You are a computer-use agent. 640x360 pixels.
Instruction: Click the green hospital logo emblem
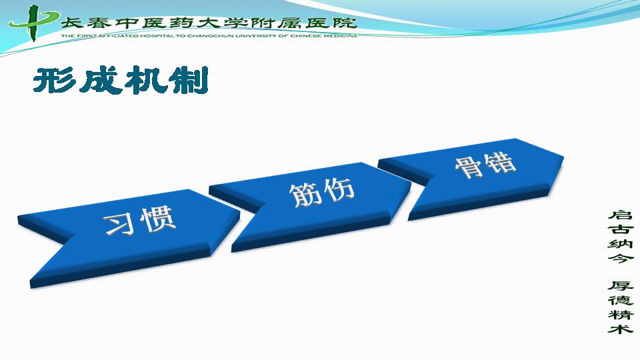tap(33, 23)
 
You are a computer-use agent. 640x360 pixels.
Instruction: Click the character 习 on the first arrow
tap(119, 225)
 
